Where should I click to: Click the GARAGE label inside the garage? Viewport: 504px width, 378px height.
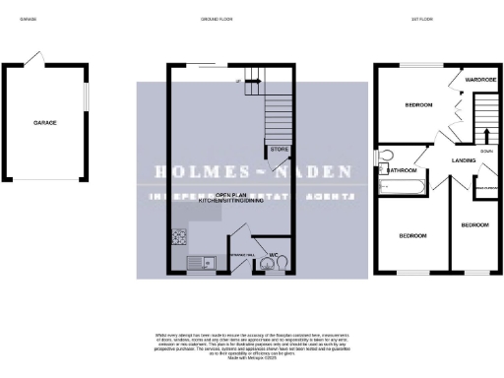tap(44, 123)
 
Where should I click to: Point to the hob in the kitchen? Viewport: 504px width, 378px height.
tap(180, 236)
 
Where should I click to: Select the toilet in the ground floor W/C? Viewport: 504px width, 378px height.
tap(282, 263)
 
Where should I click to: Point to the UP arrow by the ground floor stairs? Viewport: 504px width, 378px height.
tap(238, 82)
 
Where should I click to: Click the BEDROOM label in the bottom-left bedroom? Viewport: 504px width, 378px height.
tap(412, 235)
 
